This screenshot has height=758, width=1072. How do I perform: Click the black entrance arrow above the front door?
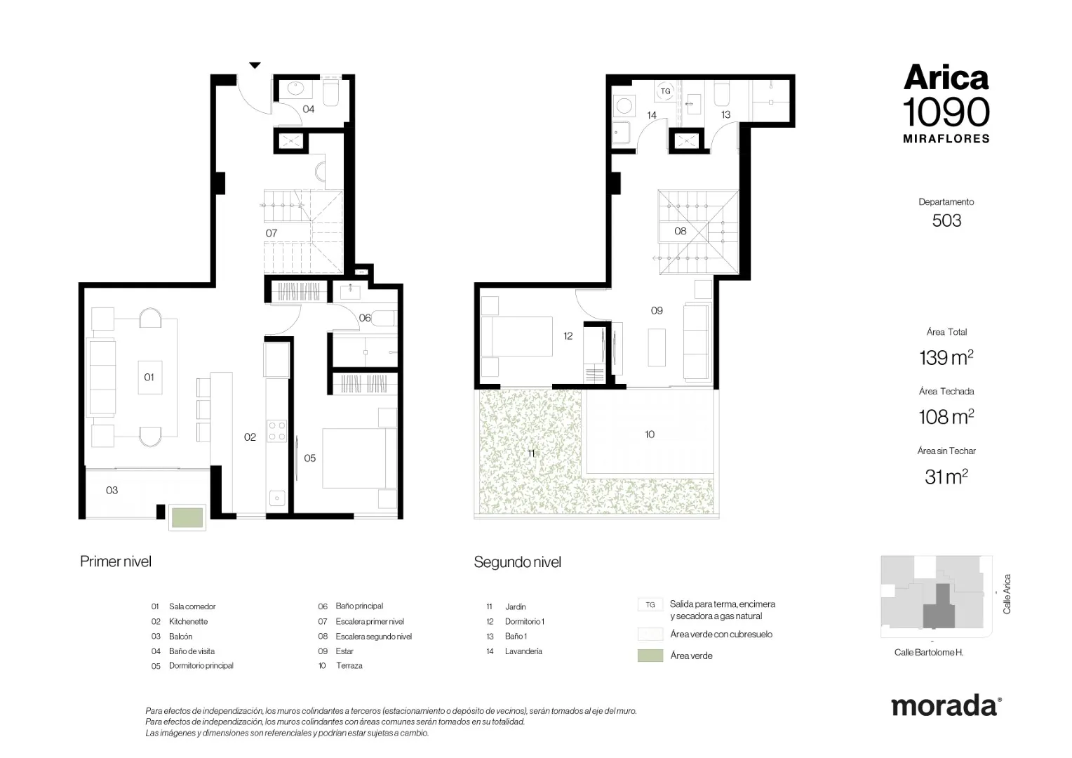click(255, 65)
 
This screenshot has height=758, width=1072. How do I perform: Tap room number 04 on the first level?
click(309, 109)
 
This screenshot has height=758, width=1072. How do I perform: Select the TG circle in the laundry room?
click(665, 91)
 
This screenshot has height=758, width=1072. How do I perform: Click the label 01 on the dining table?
click(149, 378)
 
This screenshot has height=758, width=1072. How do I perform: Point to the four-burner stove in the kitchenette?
click(276, 430)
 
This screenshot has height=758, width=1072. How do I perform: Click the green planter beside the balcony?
click(187, 518)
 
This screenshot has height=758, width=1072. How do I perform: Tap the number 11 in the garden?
click(531, 453)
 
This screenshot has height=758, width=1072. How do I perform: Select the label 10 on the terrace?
click(650, 434)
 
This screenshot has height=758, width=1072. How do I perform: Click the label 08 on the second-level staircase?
click(680, 232)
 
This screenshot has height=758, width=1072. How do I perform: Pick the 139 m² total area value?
click(946, 357)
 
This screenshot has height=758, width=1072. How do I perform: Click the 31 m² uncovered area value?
click(946, 477)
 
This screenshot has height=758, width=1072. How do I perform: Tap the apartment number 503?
click(946, 220)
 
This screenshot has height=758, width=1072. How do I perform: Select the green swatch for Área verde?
click(650, 656)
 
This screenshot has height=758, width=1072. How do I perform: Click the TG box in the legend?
click(650, 605)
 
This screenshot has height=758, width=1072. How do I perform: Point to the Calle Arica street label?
click(1007, 594)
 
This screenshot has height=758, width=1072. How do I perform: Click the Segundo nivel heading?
click(517, 561)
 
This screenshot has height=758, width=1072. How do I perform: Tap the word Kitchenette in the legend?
click(188, 622)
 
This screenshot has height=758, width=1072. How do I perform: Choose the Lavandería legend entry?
click(523, 651)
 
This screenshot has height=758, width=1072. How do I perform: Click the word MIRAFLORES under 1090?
click(946, 139)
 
